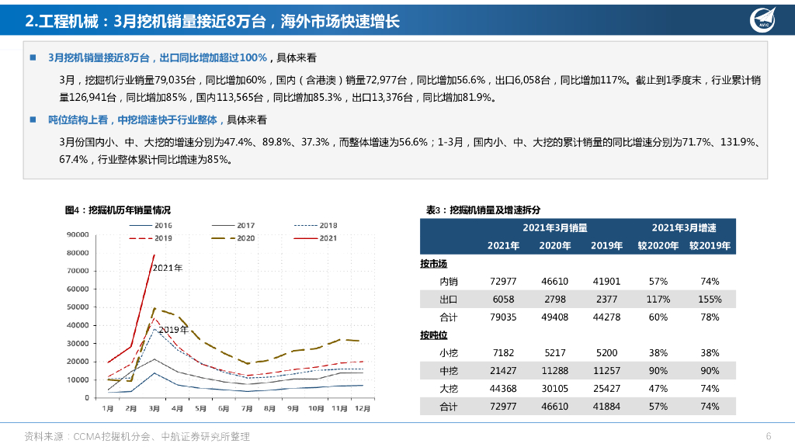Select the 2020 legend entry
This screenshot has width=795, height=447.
tap(234, 238)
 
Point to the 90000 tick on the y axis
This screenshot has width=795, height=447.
tap(78, 234)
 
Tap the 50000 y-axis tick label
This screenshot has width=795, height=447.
tap(78, 307)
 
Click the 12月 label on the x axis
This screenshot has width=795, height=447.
tap(361, 407)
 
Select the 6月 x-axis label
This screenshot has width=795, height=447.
tap(224, 407)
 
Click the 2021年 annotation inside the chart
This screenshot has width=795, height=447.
tap(167, 268)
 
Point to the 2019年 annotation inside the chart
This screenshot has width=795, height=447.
tap(173, 329)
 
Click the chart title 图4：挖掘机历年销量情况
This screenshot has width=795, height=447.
tap(118, 210)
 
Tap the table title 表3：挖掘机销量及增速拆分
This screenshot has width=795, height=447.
tap(483, 210)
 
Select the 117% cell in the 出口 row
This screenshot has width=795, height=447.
tap(658, 300)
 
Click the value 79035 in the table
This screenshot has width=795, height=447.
tap(503, 317)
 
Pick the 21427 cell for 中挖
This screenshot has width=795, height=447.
tap(503, 371)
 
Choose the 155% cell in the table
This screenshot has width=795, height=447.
tap(710, 300)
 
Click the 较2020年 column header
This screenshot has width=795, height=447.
tap(658, 246)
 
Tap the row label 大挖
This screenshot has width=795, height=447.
tap(448, 389)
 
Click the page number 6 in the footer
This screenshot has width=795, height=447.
tap(768, 435)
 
